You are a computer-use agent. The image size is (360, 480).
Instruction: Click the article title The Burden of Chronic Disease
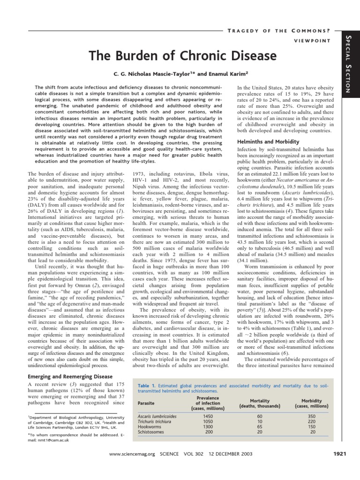183,56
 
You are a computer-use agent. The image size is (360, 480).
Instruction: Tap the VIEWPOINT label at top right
313,41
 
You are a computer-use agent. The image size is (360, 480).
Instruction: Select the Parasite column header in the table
147,403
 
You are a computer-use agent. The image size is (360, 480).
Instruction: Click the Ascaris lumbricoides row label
157,416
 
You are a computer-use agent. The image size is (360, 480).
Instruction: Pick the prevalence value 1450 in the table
208,416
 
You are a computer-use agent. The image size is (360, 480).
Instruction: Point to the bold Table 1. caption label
147,386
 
